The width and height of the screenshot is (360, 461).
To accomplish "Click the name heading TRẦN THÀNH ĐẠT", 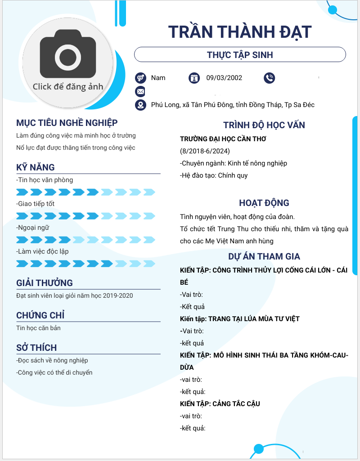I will (x=240, y=32).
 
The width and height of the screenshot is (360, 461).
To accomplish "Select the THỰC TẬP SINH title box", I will (x=240, y=55).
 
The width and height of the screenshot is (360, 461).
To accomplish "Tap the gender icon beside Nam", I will (x=140, y=78).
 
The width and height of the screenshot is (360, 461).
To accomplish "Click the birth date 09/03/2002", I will (x=224, y=78).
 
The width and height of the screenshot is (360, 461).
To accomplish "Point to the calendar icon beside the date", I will (x=194, y=78).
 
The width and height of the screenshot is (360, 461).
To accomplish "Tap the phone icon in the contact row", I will (x=270, y=78).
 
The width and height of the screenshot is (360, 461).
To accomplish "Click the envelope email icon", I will (x=140, y=91).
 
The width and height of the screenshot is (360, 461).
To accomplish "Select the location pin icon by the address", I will (x=140, y=105).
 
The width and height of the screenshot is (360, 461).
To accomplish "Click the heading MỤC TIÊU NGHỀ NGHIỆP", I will (x=67, y=123).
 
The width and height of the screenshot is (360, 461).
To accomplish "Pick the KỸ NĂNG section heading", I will (x=36, y=167).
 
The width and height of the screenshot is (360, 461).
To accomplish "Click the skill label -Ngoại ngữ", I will (x=33, y=228).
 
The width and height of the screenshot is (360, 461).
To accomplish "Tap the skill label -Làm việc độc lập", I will (x=42, y=251).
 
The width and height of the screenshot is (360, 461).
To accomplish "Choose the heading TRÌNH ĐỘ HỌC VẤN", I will (x=264, y=125).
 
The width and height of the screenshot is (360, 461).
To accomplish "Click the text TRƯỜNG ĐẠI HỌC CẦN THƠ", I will (x=223, y=139).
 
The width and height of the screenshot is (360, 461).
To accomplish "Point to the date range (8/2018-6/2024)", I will (x=205, y=151).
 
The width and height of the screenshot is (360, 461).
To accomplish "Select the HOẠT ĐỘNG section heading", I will (x=264, y=203).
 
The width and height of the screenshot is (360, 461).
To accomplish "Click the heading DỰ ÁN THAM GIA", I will (x=264, y=256).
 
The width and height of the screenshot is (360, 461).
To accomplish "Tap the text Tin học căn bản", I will (x=38, y=328).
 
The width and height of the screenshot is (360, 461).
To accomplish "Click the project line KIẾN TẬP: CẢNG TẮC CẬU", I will (x=220, y=404).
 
